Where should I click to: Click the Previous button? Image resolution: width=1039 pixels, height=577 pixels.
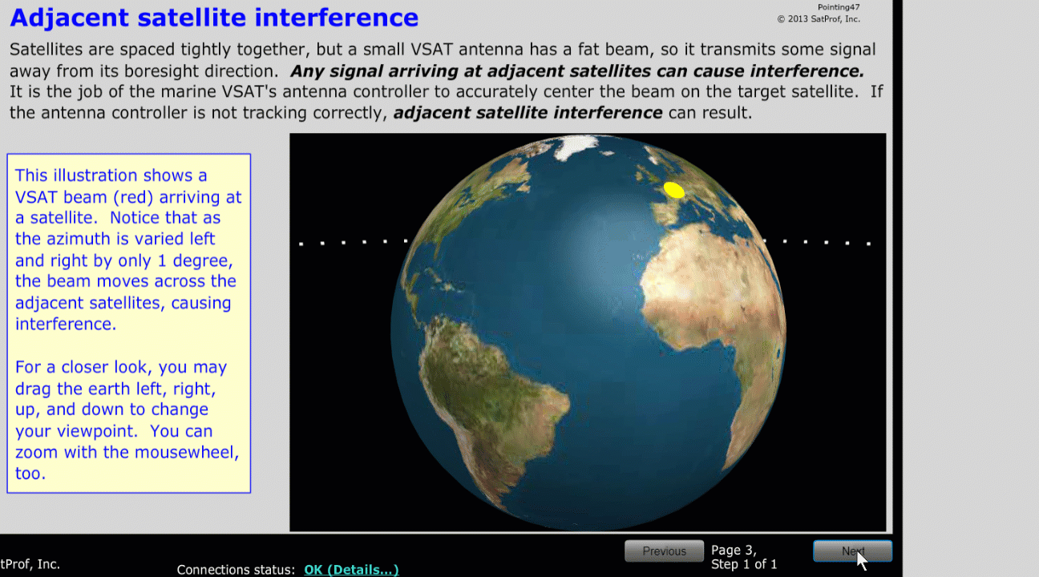(664, 551)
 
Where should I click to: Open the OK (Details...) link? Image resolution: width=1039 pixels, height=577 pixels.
(351, 570)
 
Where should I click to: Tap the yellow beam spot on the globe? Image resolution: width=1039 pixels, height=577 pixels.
(673, 190)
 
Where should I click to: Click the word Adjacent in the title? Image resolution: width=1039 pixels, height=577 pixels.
(69, 18)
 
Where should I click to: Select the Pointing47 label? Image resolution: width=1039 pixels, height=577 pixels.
(838, 7)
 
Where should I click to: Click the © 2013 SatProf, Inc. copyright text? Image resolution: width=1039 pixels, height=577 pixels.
(819, 19)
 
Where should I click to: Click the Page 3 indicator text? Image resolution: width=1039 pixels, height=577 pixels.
(734, 550)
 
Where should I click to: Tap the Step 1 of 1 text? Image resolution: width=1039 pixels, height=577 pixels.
(743, 564)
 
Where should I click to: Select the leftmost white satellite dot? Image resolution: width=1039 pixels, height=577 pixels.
(301, 244)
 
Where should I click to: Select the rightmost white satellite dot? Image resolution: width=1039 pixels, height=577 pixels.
(868, 244)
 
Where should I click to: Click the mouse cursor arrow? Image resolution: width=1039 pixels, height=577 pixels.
(861, 559)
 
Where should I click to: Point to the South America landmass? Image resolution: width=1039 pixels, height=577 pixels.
(491, 399)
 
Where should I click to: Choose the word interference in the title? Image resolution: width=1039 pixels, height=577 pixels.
(336, 18)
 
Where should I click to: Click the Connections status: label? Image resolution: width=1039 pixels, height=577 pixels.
(236, 570)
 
